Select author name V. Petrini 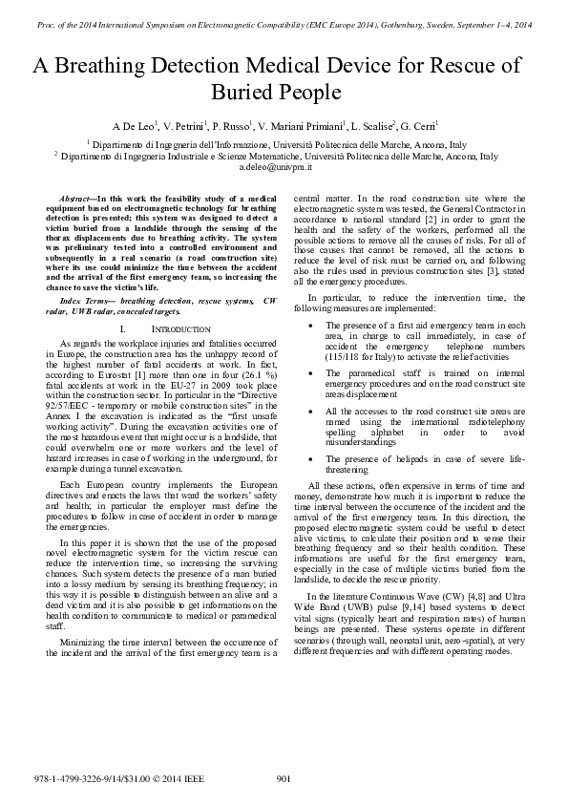[183, 126]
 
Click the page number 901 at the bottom [283, 779]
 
